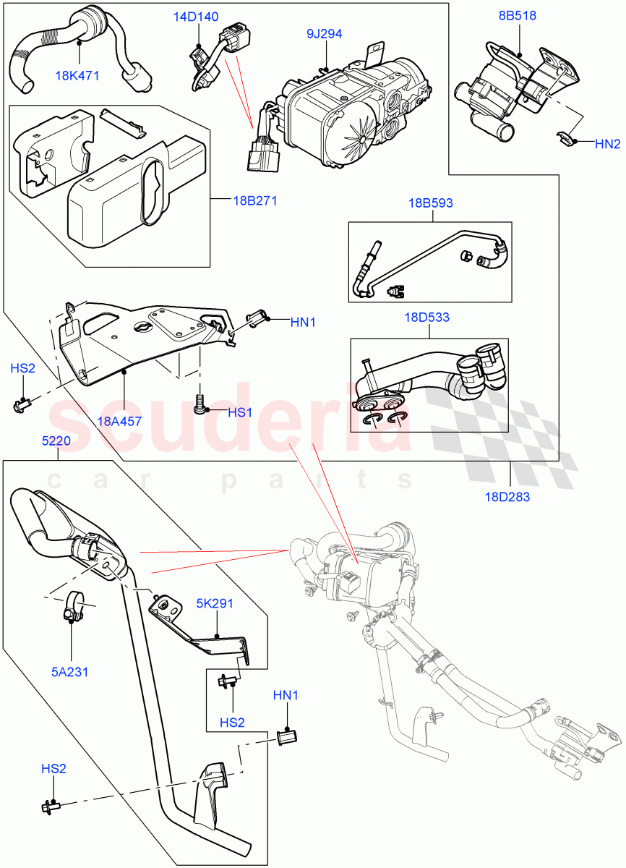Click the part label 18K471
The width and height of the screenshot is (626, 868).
point(79,75)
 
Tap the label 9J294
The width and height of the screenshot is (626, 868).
point(324,33)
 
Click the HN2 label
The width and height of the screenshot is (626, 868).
point(608,144)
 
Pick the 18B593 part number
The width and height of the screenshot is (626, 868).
point(430,203)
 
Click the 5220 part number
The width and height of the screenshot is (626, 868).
point(57,439)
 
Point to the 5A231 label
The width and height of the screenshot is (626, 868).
point(70,671)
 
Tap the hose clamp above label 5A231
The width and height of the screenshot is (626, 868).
point(72,606)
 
